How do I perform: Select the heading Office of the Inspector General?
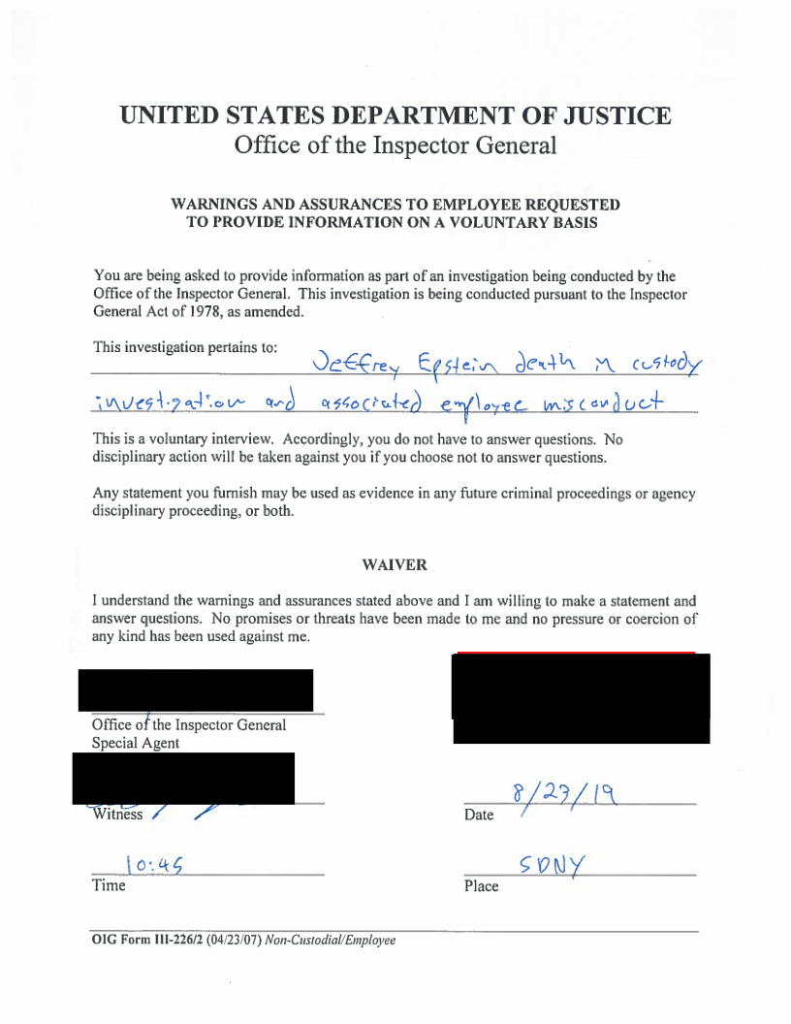[395, 146]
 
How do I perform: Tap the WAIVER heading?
[395, 564]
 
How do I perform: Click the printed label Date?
[478, 816]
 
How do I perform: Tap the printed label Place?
[481, 886]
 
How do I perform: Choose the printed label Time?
[109, 885]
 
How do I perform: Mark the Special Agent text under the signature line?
[135, 744]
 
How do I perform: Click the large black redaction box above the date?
[581, 698]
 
